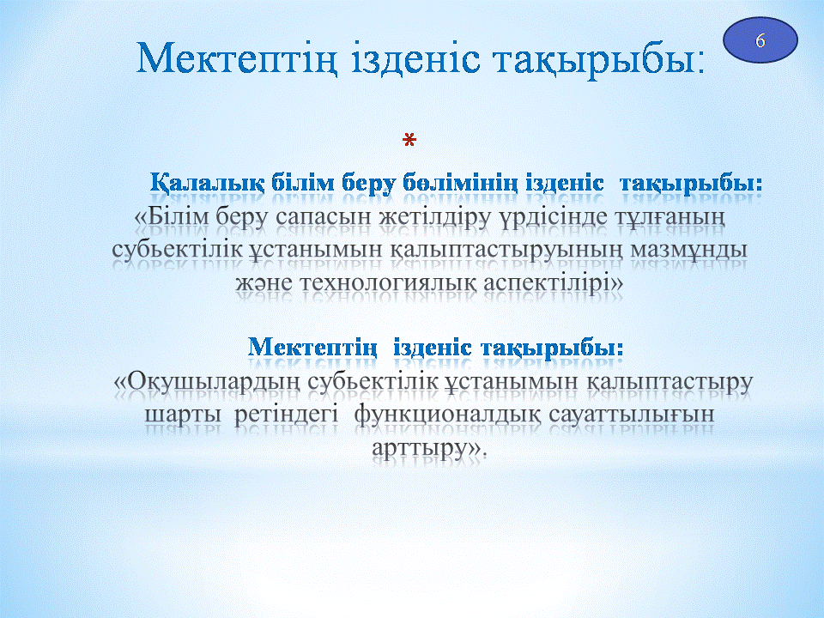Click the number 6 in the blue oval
pos(760,40)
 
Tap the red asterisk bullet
pos(409,140)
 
